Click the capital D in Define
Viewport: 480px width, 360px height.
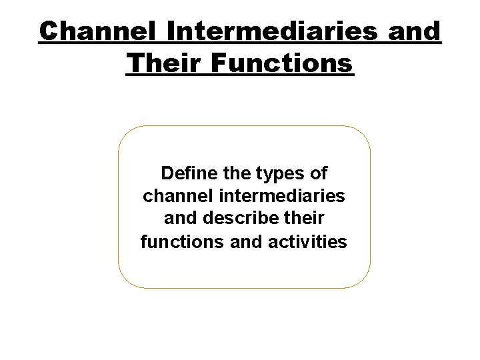[x=167, y=175]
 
